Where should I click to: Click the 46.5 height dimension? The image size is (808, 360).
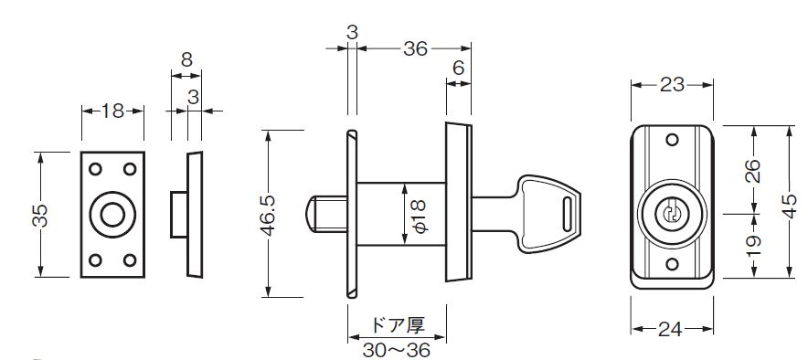point(269,214)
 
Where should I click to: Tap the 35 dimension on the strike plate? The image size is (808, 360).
point(40,216)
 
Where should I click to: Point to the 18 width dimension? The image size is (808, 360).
point(112,111)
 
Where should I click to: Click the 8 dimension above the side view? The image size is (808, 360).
point(186,59)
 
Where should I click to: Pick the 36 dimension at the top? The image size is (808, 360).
point(415,48)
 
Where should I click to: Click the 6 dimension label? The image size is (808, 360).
point(459,68)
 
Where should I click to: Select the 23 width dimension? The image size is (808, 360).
point(672,84)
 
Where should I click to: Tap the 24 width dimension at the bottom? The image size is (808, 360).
point(670,329)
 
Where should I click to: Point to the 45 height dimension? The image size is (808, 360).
point(790,205)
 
